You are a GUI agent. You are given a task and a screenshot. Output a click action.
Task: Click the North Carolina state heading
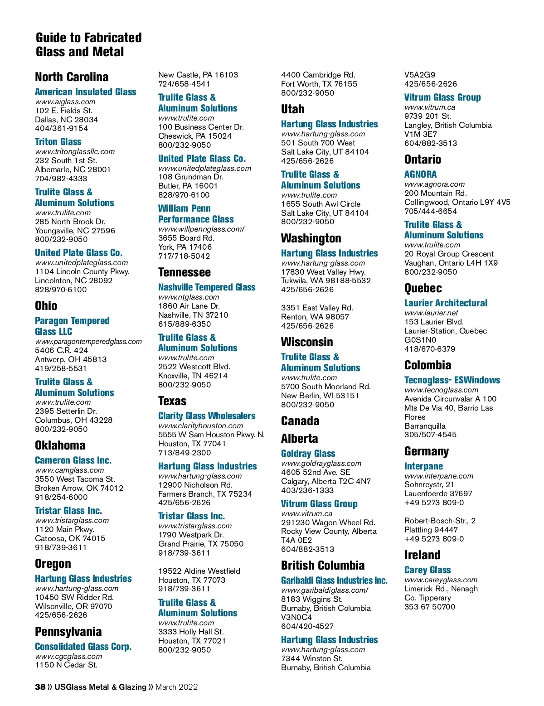[72, 77]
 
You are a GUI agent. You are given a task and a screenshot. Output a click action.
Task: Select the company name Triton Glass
[58, 142]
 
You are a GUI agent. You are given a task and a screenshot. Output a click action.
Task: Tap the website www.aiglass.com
[65, 102]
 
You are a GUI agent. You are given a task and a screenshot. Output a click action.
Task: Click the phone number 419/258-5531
[61, 368]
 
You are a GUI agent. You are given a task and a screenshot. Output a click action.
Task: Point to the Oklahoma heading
[60, 445]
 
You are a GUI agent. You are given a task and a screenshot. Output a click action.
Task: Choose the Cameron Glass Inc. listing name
[73, 460]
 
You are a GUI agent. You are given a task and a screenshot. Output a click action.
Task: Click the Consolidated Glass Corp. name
[83, 647]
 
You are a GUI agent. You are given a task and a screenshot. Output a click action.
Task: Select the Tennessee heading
[184, 272]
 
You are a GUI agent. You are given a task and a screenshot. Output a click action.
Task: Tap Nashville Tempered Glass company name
[207, 287]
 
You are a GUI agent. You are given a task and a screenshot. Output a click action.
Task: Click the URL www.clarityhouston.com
[200, 426]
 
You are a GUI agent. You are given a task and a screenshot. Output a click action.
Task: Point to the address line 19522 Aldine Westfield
[199, 571]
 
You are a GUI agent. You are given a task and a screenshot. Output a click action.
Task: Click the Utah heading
[292, 109]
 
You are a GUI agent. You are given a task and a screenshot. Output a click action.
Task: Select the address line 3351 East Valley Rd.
[317, 308]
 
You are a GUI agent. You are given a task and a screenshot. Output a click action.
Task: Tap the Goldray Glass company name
[308, 454]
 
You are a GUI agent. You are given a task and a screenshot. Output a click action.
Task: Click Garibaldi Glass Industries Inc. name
[334, 580]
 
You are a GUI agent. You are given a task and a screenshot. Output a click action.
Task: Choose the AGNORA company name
[421, 174]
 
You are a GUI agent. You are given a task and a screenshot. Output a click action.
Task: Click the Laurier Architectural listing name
[446, 303]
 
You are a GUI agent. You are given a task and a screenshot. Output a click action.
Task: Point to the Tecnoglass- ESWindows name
[452, 380]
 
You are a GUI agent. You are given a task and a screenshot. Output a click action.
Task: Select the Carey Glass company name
[427, 570]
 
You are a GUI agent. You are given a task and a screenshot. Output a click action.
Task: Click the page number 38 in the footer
[40, 687]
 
